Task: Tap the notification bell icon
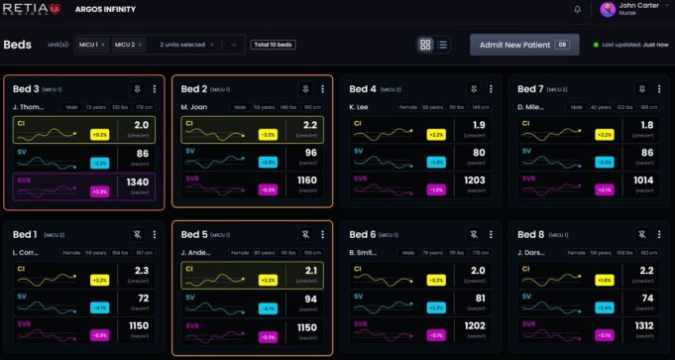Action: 578,9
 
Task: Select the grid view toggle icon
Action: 425,45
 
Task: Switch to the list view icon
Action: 442,45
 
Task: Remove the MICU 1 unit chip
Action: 103,45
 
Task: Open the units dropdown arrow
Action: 234,45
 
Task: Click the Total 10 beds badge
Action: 274,45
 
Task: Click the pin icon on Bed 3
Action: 138,89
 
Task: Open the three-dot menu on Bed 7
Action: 660,89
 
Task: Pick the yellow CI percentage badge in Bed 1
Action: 99,280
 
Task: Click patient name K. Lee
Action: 359,106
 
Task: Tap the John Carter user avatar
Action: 608,10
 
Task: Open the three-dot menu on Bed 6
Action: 493,235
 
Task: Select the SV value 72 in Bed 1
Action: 142,299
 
